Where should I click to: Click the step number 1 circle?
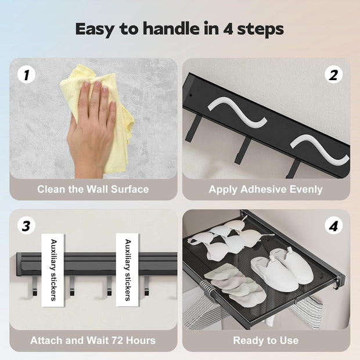pos(26,75)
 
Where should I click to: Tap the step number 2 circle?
pos(334,75)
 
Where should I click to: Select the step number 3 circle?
pos(26,226)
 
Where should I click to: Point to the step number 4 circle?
pos(334,226)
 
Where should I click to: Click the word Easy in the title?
pos(95,30)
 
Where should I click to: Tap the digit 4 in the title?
pos(228,29)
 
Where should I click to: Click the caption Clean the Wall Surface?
pos(93,189)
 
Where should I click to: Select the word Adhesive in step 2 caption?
pos(264,189)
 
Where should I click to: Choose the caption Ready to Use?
pos(266,340)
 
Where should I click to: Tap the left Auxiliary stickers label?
pos(53,270)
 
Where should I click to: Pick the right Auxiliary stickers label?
pos(127,270)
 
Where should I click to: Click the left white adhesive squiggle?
pos(238,112)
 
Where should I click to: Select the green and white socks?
pos(235,285)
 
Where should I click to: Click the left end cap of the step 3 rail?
pos(19,264)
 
